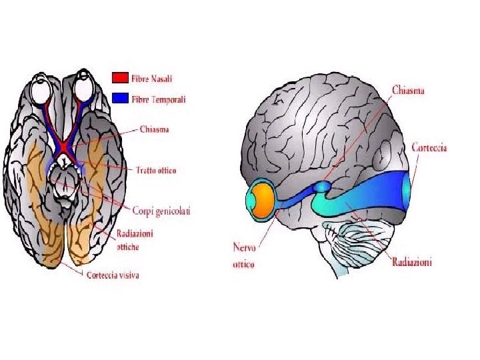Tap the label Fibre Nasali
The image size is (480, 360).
153,79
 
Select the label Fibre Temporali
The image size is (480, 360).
158,99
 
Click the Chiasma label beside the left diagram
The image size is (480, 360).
155,129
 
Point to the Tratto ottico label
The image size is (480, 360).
155,171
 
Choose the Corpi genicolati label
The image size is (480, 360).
163,211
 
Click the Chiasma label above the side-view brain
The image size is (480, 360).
409,89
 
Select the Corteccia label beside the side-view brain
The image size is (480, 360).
429,147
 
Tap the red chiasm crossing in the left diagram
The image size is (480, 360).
64,144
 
